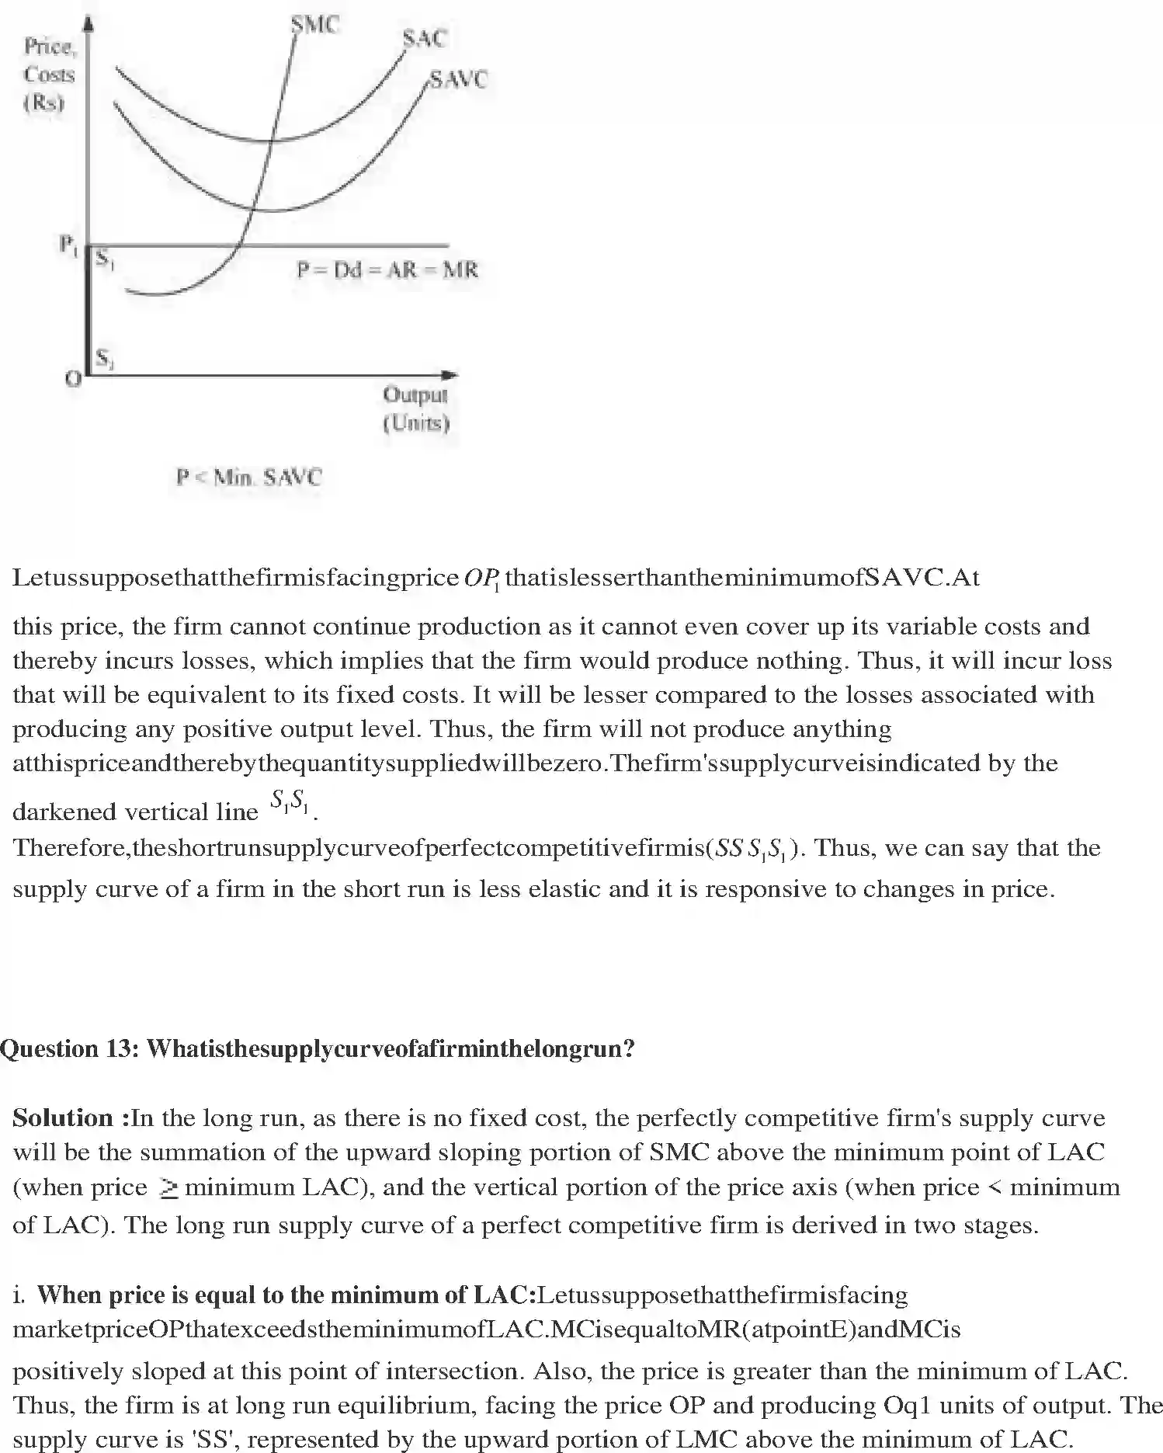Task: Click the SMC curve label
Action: point(315,25)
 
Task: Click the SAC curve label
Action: point(425,38)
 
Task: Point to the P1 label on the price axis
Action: point(69,245)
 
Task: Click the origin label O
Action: point(73,379)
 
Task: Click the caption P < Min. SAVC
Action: point(248,477)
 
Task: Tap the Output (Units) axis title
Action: point(416,408)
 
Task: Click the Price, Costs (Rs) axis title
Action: point(49,75)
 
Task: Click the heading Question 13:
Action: point(70,1048)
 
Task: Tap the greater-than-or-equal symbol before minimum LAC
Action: point(168,1187)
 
